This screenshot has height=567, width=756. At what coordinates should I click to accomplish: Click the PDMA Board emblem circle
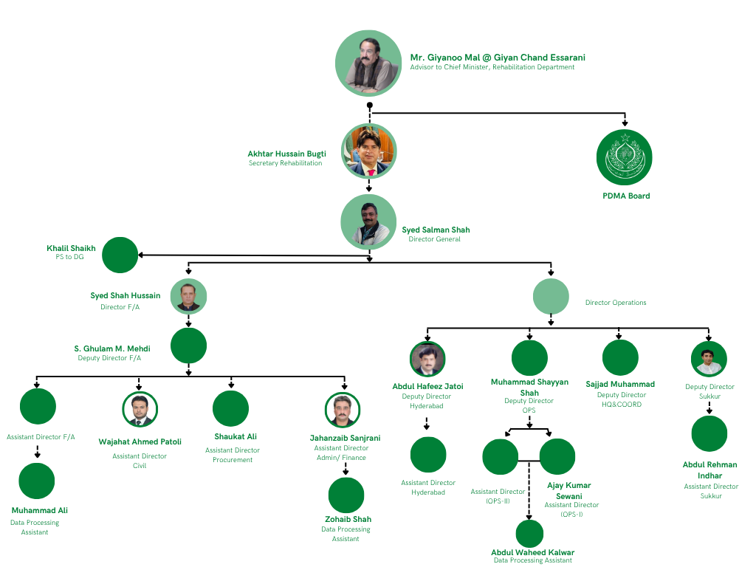[624, 157]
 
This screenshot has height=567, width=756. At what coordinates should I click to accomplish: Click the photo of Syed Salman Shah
[368, 222]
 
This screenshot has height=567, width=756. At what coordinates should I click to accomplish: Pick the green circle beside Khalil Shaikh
[120, 255]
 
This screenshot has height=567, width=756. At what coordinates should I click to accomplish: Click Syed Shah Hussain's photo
[188, 297]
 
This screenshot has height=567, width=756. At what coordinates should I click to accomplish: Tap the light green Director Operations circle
[551, 297]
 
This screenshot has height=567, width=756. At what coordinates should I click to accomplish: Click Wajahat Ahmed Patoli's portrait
[140, 409]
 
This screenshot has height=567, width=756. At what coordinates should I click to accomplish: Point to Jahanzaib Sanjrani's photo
[343, 410]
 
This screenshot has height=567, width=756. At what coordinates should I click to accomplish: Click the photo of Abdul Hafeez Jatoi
[427, 359]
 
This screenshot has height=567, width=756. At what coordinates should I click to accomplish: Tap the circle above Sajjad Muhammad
[620, 357]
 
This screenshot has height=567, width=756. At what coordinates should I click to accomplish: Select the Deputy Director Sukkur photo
[709, 359]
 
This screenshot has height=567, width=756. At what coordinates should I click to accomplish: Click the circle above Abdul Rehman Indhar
[709, 433]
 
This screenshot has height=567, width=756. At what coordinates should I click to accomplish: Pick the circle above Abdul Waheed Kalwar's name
[529, 534]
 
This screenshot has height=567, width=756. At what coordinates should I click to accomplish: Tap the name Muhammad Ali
[40, 510]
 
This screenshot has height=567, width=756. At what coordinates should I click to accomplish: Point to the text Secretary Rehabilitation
[285, 163]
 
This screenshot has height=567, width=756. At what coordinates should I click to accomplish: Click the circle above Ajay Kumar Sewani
[557, 456]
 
